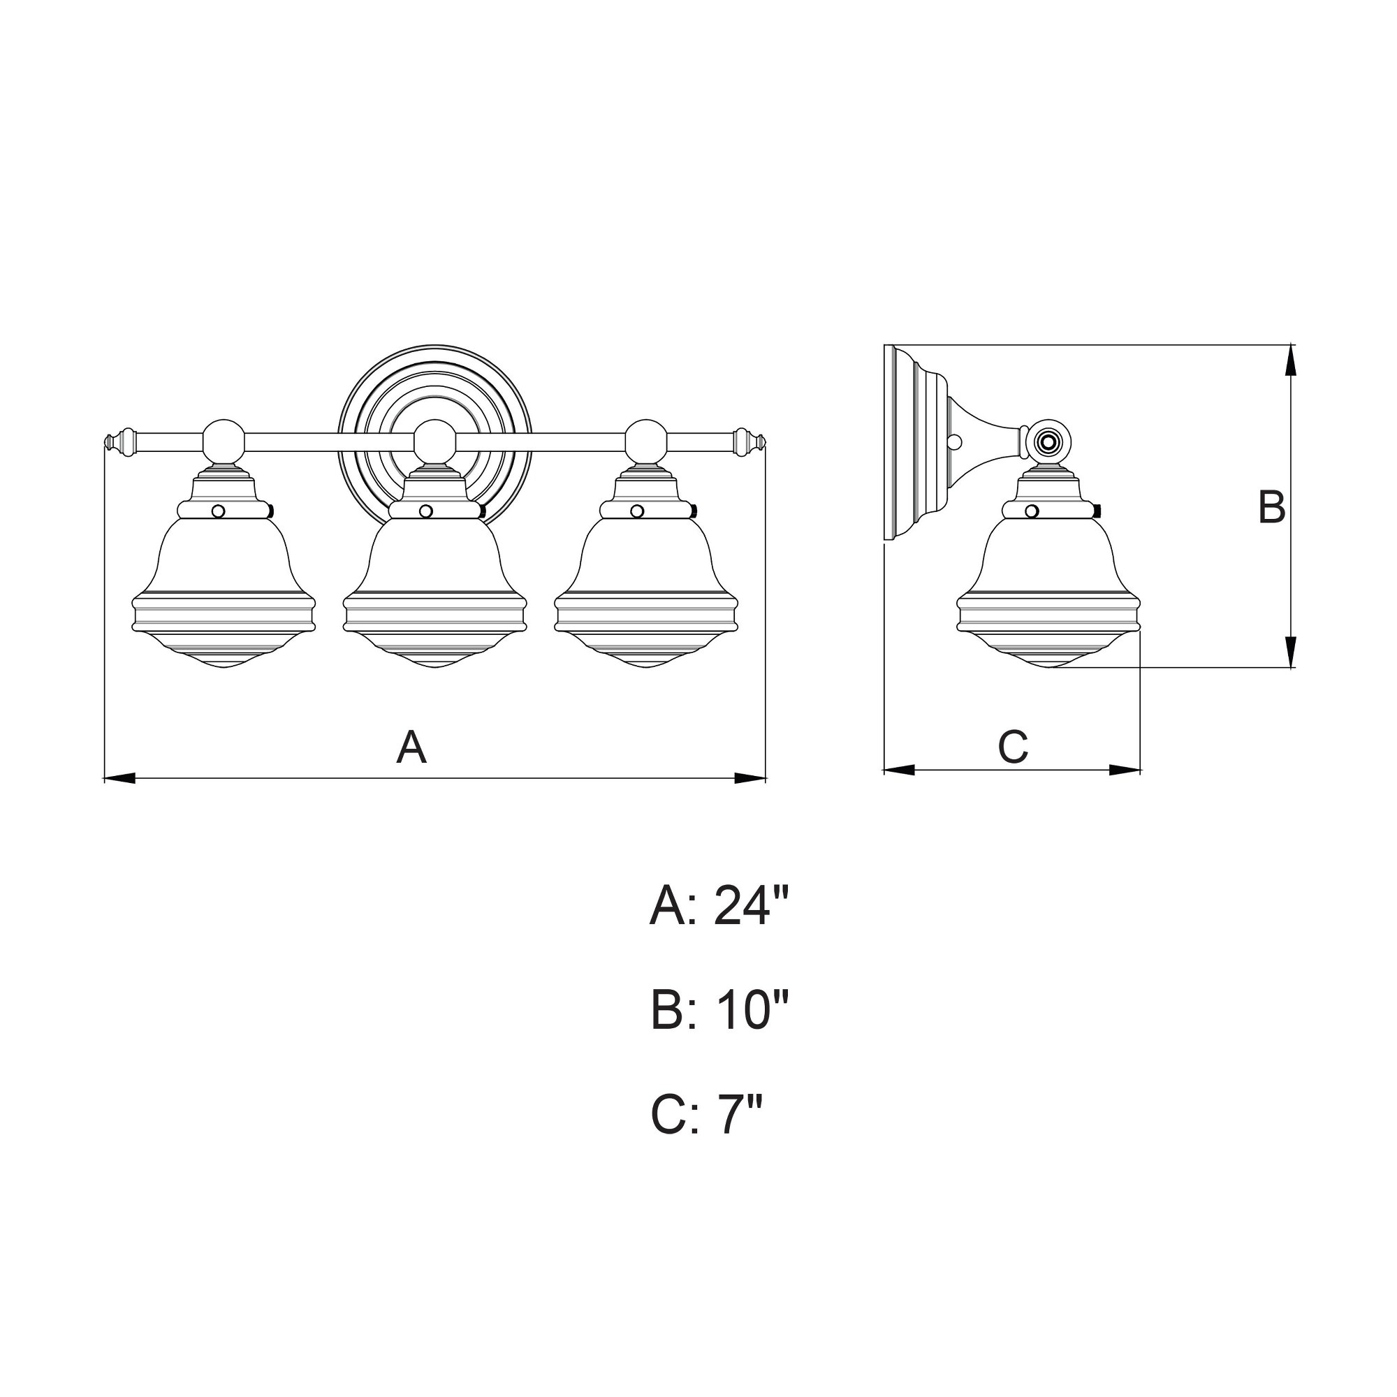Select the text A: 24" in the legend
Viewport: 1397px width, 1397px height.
pos(717,907)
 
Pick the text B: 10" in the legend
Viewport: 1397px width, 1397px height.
pos(719,1010)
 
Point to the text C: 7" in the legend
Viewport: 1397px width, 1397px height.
pos(706,1114)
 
